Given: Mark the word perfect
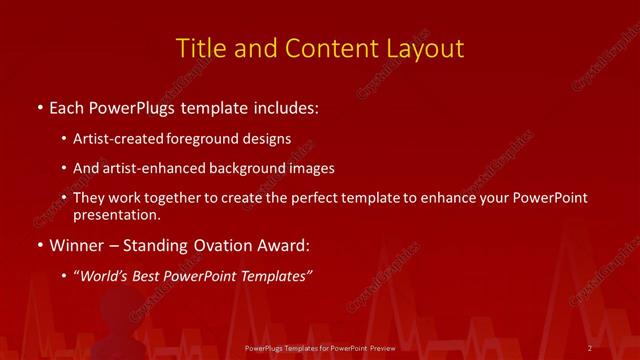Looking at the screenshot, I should (309, 199).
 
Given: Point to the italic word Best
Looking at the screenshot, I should (151, 276).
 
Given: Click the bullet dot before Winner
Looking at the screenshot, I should (39, 245).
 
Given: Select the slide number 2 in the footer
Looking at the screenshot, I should (591, 348).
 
